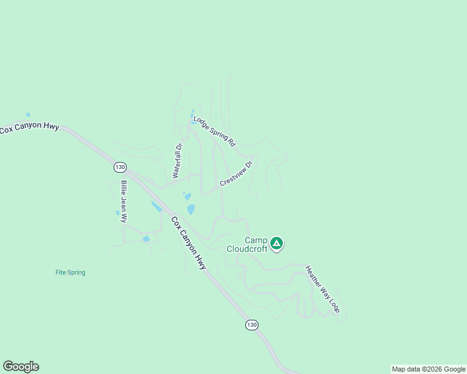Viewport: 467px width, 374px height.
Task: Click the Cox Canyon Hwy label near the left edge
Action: (29, 128)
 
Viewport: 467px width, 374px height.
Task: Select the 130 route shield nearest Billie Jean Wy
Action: (120, 167)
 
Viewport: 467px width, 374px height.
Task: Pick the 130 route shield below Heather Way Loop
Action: (251, 325)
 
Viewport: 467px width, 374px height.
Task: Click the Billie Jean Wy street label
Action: (124, 201)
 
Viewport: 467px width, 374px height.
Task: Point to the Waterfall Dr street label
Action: (177, 161)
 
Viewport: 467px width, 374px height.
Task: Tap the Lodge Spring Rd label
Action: (214, 131)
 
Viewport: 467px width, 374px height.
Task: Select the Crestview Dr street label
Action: (236, 174)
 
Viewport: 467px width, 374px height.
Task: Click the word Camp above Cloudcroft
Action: (255, 240)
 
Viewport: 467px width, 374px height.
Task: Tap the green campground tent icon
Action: (277, 243)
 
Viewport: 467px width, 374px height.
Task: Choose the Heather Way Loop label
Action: (322, 289)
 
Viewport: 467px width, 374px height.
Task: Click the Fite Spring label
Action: (70, 272)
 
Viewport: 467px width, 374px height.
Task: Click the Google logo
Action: (21, 367)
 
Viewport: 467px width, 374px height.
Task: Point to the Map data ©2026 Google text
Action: (428, 369)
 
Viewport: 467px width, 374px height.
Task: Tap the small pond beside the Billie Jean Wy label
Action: (117, 213)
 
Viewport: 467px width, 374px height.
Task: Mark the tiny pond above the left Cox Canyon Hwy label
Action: (27, 115)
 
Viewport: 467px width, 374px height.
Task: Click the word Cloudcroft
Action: (247, 249)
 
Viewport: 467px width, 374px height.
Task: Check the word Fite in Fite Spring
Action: (61, 272)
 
